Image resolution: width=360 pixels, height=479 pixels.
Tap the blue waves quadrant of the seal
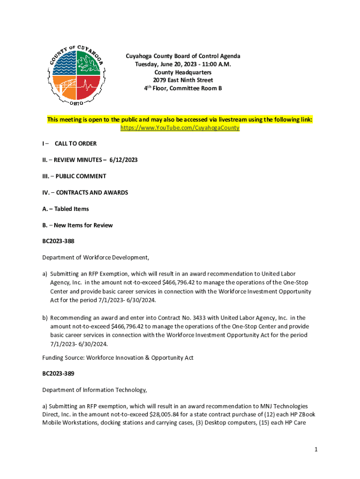[65, 64]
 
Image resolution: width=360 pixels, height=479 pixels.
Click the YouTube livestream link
[180, 128]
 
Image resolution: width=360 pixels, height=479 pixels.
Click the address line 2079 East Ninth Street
[183, 80]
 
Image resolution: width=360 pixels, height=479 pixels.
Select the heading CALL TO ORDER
[75, 144]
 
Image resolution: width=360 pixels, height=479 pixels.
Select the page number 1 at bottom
[316, 450]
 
